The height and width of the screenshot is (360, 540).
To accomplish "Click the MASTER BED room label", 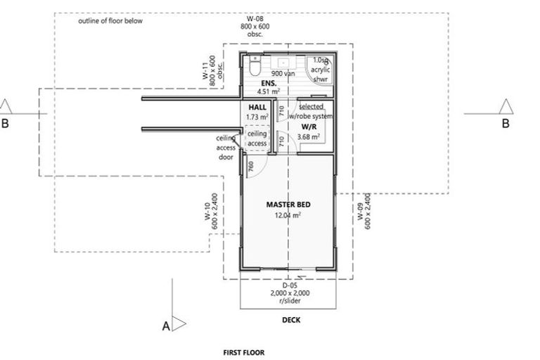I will coord(288,205).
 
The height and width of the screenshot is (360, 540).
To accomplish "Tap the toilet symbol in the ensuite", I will coord(255,66).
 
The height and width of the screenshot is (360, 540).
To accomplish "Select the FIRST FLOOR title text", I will coord(244,352).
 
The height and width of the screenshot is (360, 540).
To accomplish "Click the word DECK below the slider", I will coord(290,319).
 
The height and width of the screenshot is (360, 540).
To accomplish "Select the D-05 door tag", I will coord(289,285).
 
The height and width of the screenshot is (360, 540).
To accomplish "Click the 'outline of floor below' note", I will coord(110,21).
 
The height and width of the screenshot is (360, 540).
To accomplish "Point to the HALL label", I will coord(257,106).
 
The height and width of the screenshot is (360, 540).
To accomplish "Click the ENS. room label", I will coord(266,83).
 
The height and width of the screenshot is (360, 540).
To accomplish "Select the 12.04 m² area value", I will coord(288,216).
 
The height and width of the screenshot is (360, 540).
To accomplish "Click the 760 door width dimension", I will coord(251,167).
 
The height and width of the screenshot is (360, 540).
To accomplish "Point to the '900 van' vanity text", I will coord(282,73).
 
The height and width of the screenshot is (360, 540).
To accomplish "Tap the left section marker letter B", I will coord(6,124).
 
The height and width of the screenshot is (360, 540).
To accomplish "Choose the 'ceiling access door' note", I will coord(225,148).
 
